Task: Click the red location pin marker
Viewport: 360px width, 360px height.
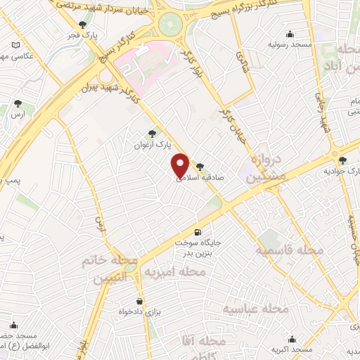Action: tap(181, 165)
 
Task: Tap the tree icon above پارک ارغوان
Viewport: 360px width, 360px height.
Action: tap(153, 133)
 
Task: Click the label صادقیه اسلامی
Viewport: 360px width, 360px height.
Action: tap(204, 179)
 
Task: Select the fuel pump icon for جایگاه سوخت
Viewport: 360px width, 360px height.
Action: tap(197, 232)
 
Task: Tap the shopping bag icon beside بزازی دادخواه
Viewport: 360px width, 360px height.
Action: tap(139, 301)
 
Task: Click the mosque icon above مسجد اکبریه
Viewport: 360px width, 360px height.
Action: tap(290, 339)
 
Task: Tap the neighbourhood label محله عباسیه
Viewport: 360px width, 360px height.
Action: tap(257, 309)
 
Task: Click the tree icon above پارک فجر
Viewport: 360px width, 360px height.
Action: tap(83, 25)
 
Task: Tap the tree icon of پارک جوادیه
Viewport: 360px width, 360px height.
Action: tap(342, 160)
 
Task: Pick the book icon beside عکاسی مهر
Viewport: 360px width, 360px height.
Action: tap(16, 46)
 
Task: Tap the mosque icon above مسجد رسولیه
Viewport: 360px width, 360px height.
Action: tap(290, 34)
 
